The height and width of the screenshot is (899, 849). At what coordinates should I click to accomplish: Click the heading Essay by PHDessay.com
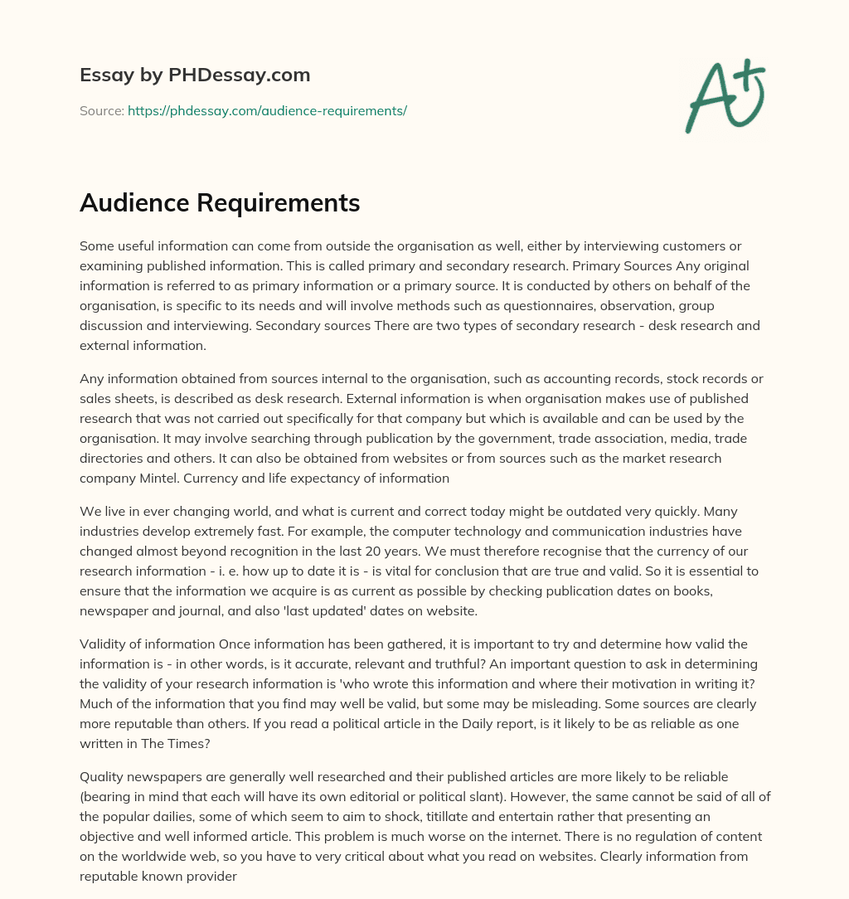pyautogui.click(x=195, y=75)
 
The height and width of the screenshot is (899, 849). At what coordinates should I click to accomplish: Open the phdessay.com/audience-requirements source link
pyautogui.click(x=267, y=110)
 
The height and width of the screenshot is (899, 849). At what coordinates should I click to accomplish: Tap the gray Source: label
pyautogui.click(x=102, y=110)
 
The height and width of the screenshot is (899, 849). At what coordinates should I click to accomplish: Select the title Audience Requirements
pyautogui.click(x=220, y=203)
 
